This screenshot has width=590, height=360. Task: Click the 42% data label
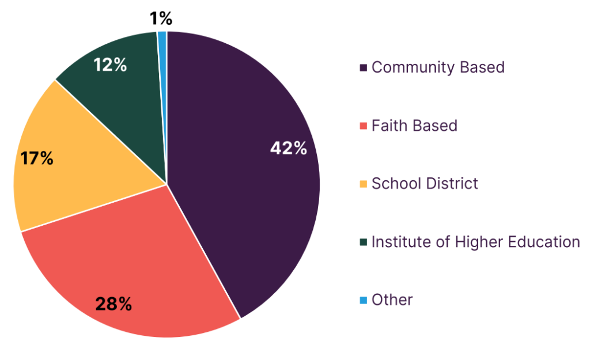coord(289,148)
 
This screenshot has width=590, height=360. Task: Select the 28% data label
coord(114,304)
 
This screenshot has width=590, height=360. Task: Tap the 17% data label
coord(37,158)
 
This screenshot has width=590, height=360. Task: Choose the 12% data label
coord(110,66)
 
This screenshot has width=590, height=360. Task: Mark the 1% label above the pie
coord(161,19)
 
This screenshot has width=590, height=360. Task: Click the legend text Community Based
coord(438,67)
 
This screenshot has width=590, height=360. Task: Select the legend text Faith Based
coord(414,126)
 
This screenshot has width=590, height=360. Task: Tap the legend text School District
coord(425,184)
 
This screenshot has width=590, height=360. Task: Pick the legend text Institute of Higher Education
coord(475,242)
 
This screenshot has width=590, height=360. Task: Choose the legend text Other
coord(392,300)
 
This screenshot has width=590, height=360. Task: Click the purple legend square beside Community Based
coord(364,68)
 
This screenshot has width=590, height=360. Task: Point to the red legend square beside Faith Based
coord(364,126)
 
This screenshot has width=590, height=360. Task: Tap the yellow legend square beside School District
coord(364,184)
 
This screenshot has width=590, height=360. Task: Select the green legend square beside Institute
coord(364,242)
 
